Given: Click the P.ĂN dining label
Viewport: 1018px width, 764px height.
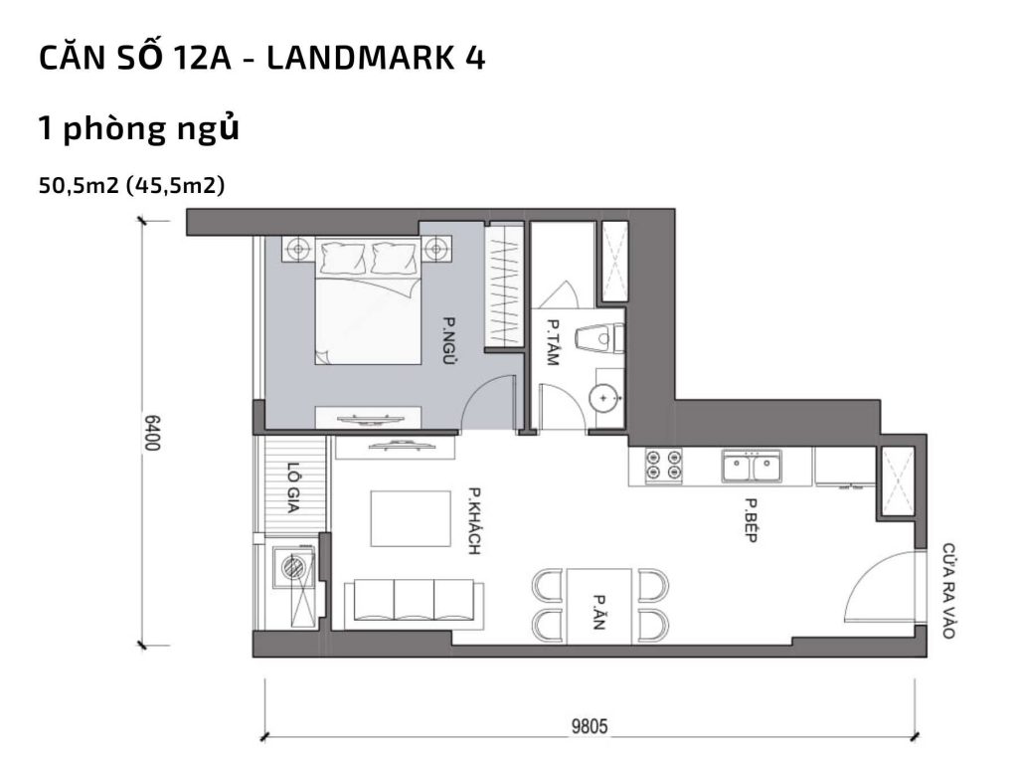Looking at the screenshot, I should [x=600, y=607].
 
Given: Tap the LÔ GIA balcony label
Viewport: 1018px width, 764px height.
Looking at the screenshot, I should [x=293, y=488].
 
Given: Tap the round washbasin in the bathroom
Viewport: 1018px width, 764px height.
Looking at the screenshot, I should [x=603, y=398].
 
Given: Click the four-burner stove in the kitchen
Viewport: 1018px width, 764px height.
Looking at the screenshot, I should [x=663, y=466].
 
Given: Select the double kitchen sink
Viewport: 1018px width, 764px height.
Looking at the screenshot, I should [x=752, y=466].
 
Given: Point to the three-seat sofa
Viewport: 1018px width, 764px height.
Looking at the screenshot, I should [x=413, y=604].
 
